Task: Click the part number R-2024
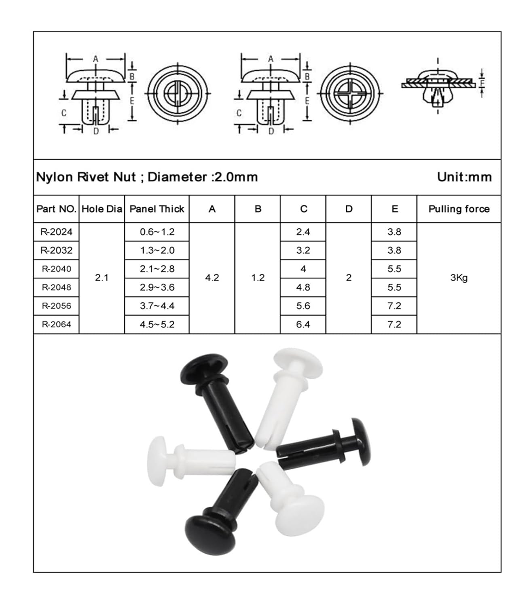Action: (56, 232)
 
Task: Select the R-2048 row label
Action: (56, 287)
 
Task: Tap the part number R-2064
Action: (56, 324)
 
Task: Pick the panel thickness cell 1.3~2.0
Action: (157, 250)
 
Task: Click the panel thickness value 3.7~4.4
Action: (157, 306)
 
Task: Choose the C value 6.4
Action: (303, 324)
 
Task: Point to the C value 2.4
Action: (303, 232)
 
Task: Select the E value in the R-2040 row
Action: (394, 269)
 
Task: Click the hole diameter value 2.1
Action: (102, 278)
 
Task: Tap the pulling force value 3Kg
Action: (459, 278)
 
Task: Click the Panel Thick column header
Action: (157, 209)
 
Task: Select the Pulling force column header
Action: (459, 209)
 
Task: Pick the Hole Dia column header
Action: (102, 209)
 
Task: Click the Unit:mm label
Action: (464, 177)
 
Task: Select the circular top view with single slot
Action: (178, 93)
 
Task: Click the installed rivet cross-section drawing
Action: (438, 87)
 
